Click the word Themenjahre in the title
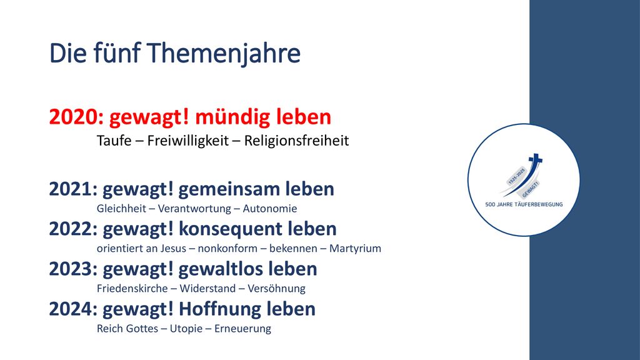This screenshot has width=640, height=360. point(224,54)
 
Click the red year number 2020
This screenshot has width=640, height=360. point(74,117)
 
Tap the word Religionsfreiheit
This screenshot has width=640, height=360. point(296,141)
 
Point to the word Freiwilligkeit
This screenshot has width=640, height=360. point(187,141)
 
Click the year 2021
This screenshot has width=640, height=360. point(71,189)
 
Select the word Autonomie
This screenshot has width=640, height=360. point(270,209)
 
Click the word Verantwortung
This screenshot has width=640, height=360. point(194,209)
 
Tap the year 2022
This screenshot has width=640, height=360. point(71,229)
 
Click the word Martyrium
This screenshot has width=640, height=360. point(355,249)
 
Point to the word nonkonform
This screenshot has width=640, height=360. point(227,249)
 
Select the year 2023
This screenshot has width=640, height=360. point(71,269)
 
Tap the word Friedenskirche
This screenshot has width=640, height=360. point(132,289)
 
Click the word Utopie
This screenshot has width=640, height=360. point(186,329)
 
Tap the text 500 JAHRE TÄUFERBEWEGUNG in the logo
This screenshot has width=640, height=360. point(524,204)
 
